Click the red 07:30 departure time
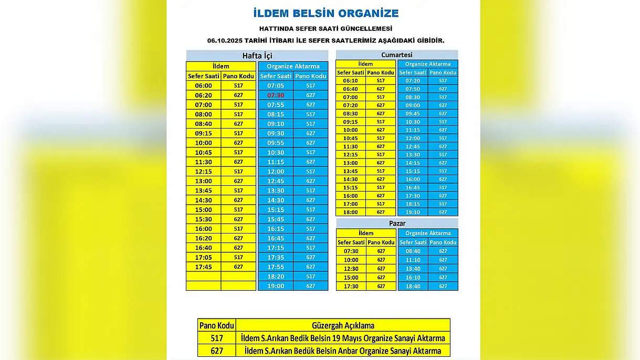276,96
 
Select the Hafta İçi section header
257,56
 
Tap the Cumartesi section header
396,55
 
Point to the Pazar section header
397,223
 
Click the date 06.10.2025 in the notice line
227,40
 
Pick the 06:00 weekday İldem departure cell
203,86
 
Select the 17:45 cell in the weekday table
203,267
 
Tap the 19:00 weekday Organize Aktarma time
276,286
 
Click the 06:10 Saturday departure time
350,81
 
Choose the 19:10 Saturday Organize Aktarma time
413,213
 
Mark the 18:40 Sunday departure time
413,287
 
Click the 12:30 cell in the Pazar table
351,269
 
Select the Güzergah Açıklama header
343,325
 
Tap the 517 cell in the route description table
216,338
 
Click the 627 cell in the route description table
216,351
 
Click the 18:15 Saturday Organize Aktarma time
413,204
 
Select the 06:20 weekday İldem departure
203,96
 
